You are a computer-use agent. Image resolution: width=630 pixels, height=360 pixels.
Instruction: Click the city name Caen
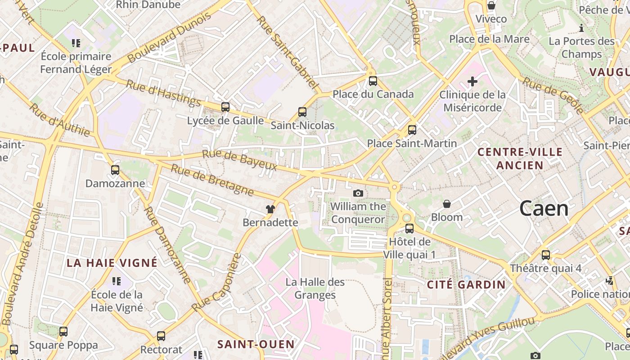tap(544, 209)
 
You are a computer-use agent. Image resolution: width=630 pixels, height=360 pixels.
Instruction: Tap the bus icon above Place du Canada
tap(373, 81)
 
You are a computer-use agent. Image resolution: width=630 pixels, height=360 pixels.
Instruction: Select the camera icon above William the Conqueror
tap(358, 193)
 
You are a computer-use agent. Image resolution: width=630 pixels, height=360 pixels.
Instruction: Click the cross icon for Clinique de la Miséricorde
tap(472, 81)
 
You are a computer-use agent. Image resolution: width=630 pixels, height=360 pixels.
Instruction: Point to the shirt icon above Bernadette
tap(270, 209)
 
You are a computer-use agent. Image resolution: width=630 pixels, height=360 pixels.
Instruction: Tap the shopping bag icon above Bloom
tap(447, 204)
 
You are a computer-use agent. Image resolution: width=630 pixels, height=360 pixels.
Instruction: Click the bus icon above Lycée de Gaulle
tap(225, 107)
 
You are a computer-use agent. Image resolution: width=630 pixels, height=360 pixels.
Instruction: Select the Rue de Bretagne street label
tap(212, 180)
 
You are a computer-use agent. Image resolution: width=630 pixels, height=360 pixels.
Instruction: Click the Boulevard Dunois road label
tap(169, 38)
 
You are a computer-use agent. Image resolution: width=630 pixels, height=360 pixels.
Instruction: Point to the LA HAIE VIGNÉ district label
tap(112, 263)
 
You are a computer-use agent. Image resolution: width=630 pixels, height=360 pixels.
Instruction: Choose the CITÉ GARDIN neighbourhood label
tap(466, 284)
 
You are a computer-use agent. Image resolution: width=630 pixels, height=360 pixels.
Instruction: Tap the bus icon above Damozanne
tap(115, 170)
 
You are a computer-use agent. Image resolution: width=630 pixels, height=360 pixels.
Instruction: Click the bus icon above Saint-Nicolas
tap(302, 112)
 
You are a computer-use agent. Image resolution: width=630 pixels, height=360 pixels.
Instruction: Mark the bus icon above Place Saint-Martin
tap(412, 130)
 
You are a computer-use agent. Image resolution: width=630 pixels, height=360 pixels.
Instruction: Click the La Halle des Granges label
tap(315, 288)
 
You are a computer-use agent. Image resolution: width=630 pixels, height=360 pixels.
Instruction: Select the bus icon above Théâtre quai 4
tap(546, 255)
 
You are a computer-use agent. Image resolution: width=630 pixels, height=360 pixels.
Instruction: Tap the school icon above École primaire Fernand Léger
tap(76, 43)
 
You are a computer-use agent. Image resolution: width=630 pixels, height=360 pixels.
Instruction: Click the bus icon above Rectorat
tap(161, 336)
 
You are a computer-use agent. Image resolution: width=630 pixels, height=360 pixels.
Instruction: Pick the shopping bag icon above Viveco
tap(491, 6)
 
